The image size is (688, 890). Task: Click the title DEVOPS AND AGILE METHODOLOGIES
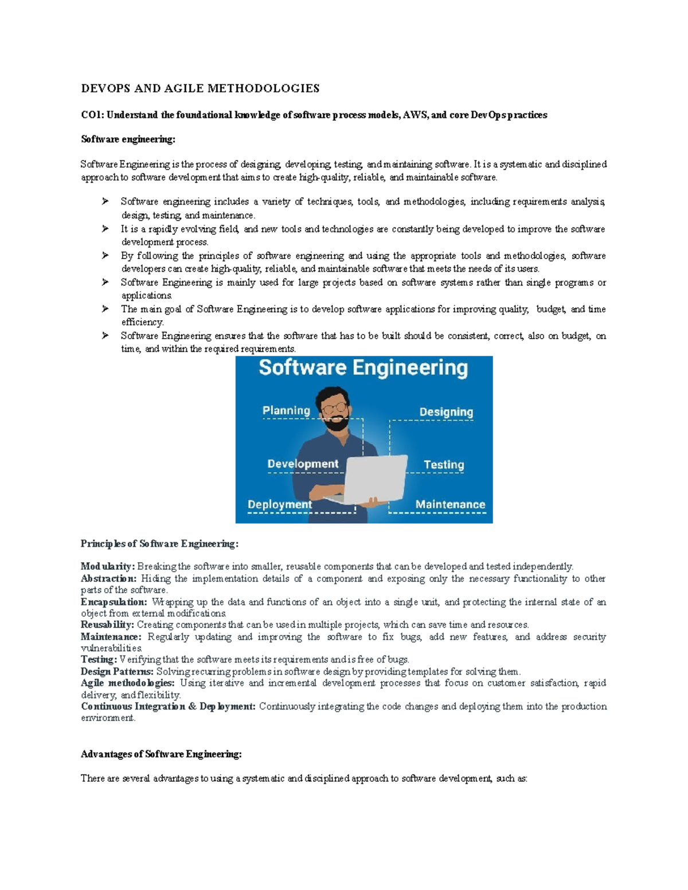[200, 88]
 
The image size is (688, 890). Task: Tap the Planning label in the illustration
[286, 410]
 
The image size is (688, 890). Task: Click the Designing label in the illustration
[446, 412]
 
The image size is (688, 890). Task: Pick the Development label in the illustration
[303, 464]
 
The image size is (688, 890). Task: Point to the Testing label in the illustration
[443, 465]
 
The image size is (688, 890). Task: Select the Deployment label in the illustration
[280, 505]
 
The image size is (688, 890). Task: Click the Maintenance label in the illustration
[450, 505]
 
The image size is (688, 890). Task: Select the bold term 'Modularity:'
[107, 567]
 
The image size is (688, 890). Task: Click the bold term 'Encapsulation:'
[114, 602]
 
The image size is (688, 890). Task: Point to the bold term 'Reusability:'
[107, 625]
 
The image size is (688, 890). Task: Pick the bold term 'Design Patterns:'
[117, 672]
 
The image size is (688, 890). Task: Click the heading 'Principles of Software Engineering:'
[159, 544]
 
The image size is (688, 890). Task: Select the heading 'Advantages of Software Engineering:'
[161, 754]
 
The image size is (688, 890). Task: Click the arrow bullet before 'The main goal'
[105, 309]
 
